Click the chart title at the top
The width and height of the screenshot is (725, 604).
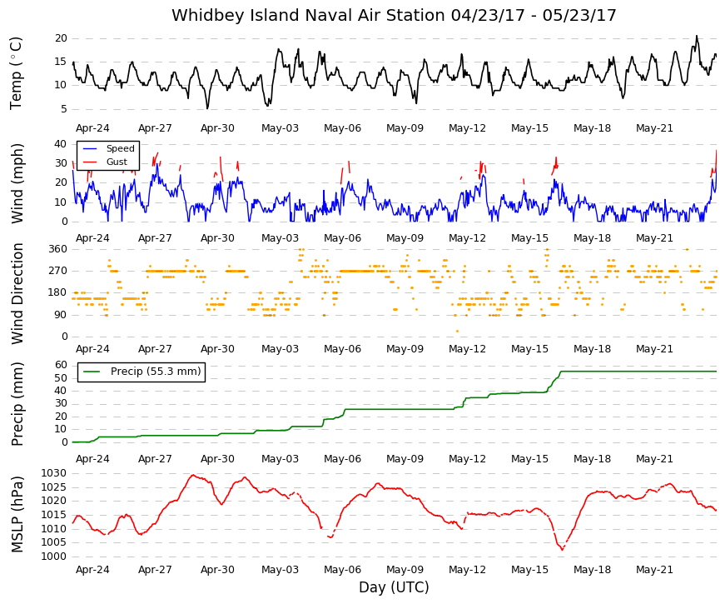point(394,15)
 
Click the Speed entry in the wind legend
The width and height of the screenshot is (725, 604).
point(120,148)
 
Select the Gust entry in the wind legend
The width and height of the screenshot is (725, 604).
point(117,162)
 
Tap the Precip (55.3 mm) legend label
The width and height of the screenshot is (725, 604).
point(156,372)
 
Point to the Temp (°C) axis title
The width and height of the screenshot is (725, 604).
point(16,73)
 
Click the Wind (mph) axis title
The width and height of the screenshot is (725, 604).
point(17,183)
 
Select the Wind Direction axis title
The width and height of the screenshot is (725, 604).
point(17,293)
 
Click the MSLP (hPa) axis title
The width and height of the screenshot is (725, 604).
point(17,514)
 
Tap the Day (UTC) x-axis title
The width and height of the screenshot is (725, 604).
point(394,587)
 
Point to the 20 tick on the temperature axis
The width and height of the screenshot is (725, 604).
point(61,38)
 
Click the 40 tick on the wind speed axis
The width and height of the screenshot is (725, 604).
point(61,144)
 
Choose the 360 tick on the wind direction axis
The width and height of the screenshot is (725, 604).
point(58,249)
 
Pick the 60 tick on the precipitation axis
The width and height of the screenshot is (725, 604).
point(61,365)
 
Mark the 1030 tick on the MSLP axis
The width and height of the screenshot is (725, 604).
point(54,473)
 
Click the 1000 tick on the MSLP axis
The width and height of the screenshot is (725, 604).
point(54,557)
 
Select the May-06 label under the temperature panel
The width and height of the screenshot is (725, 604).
point(342,128)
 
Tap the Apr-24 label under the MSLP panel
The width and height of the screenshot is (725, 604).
point(92,570)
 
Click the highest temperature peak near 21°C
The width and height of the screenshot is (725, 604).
point(697,36)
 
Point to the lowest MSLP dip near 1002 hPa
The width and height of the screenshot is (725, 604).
point(562,549)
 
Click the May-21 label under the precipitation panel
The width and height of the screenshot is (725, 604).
point(654,459)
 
